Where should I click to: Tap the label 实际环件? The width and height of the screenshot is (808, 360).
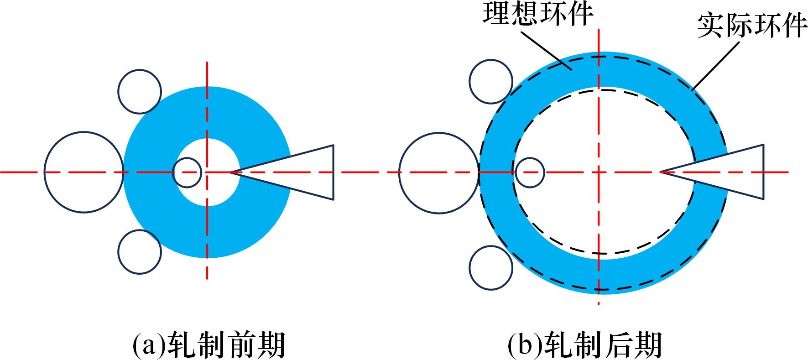pyautogui.click(x=752, y=26)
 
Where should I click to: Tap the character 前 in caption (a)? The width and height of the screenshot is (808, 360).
pyautogui.click(x=236, y=345)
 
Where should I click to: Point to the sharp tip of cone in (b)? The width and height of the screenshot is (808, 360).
pyautogui.click(x=661, y=172)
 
